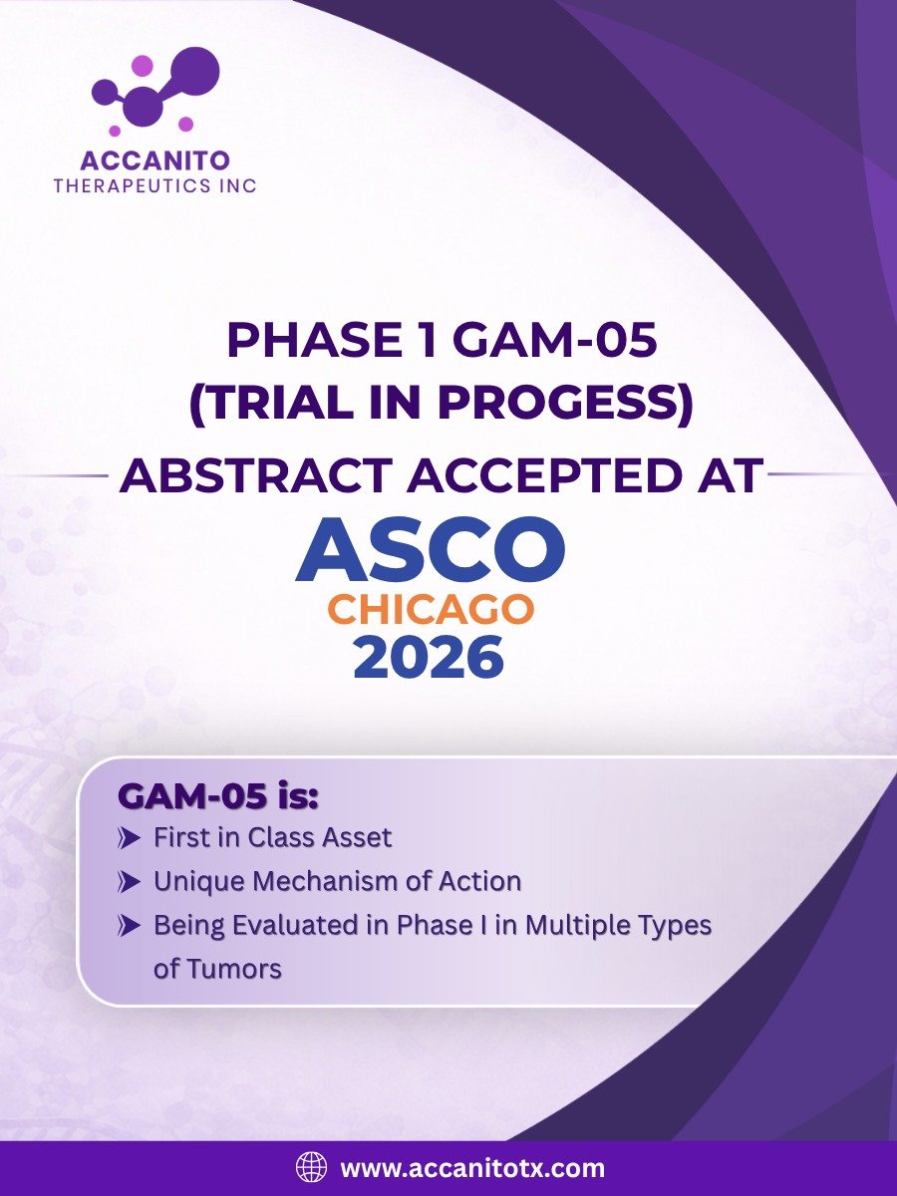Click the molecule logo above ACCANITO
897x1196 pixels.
click(x=155, y=92)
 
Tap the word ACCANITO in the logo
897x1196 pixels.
click(x=155, y=160)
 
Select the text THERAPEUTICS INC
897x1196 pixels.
click(x=155, y=186)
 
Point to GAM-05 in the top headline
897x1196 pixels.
click(x=554, y=341)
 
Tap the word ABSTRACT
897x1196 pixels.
click(x=256, y=474)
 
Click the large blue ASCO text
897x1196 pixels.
click(x=431, y=549)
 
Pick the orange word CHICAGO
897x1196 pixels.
click(x=431, y=609)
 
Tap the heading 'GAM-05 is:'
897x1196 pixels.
click(x=218, y=797)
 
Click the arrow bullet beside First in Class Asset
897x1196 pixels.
click(x=130, y=839)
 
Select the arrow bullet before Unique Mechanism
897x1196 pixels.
click(x=130, y=883)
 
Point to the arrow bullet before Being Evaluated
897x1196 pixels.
click(x=130, y=926)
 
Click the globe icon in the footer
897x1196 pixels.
click(x=312, y=1166)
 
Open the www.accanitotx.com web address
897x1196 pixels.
click(x=472, y=1166)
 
